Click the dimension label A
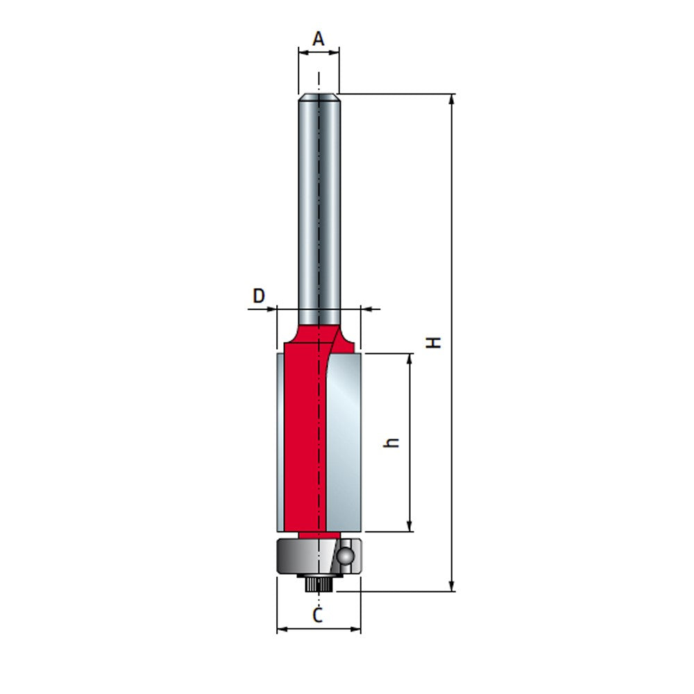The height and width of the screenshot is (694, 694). click(x=319, y=39)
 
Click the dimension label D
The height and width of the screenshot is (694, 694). click(x=258, y=296)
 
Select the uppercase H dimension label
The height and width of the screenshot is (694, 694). click(x=434, y=342)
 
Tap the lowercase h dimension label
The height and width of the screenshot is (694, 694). click(x=393, y=442)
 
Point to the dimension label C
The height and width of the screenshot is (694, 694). click(x=318, y=615)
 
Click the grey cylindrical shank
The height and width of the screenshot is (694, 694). click(x=319, y=208)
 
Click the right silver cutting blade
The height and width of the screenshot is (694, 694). click(x=344, y=444)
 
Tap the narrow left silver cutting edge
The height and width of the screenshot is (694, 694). click(x=280, y=444)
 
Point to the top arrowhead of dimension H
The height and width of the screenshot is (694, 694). click(x=452, y=99)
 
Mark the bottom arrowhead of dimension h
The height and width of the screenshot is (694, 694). click(x=410, y=527)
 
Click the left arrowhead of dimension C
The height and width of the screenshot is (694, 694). click(x=282, y=629)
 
